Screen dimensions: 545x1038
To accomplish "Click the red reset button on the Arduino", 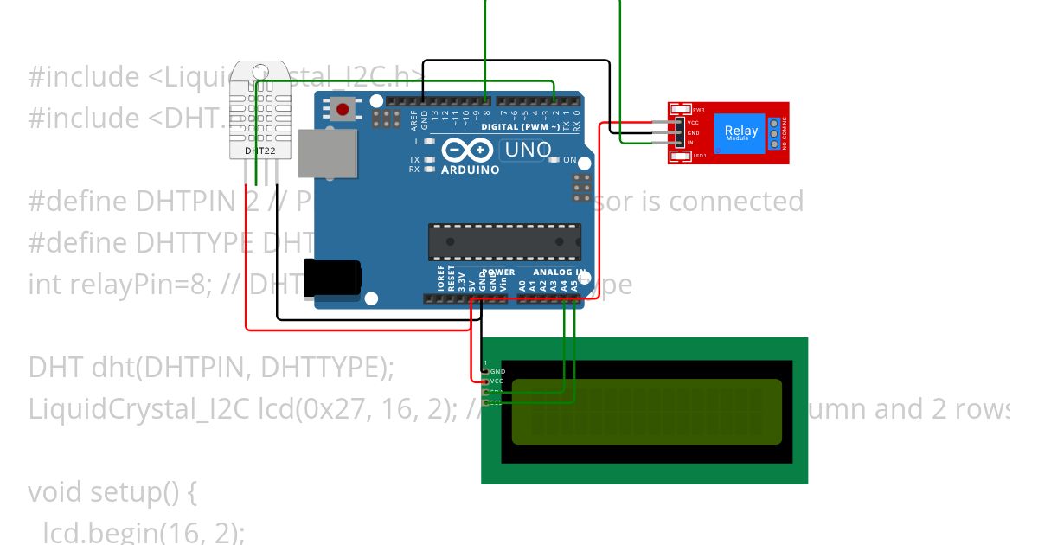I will (x=343, y=110).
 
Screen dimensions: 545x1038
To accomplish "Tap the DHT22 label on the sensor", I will (x=254, y=151).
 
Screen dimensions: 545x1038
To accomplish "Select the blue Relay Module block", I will (x=740, y=133).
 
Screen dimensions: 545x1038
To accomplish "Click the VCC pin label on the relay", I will (x=693, y=123).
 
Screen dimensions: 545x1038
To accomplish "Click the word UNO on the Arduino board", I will (x=528, y=150).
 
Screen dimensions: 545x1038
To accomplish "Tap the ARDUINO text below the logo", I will (x=470, y=170).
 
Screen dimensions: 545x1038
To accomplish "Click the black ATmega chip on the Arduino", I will (x=504, y=241).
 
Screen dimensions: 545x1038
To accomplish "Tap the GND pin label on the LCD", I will (x=497, y=371).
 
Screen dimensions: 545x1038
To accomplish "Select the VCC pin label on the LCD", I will (x=497, y=381).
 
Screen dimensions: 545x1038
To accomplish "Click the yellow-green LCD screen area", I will (x=646, y=411).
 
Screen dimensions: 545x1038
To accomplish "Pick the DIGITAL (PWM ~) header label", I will (x=518, y=127).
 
